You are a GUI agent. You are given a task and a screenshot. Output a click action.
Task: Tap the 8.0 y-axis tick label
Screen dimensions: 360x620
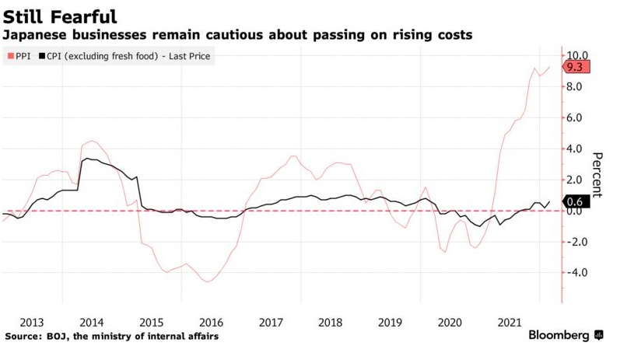576,86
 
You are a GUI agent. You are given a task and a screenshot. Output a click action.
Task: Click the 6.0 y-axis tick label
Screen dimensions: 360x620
576,117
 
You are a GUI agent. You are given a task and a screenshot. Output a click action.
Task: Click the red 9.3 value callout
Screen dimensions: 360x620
576,68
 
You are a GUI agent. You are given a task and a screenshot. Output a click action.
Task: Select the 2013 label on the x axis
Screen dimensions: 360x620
32,321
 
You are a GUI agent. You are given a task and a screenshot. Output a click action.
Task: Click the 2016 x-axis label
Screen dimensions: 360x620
211,321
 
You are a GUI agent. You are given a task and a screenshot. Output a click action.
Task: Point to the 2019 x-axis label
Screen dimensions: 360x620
390,321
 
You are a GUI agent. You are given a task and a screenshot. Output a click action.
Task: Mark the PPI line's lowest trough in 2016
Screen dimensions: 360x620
208,281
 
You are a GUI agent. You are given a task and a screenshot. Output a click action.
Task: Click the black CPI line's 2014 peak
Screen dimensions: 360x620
86,159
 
